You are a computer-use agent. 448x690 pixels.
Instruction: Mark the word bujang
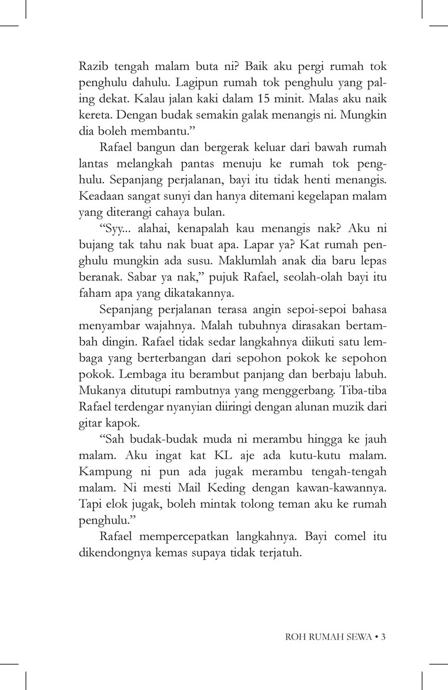click(96, 242)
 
